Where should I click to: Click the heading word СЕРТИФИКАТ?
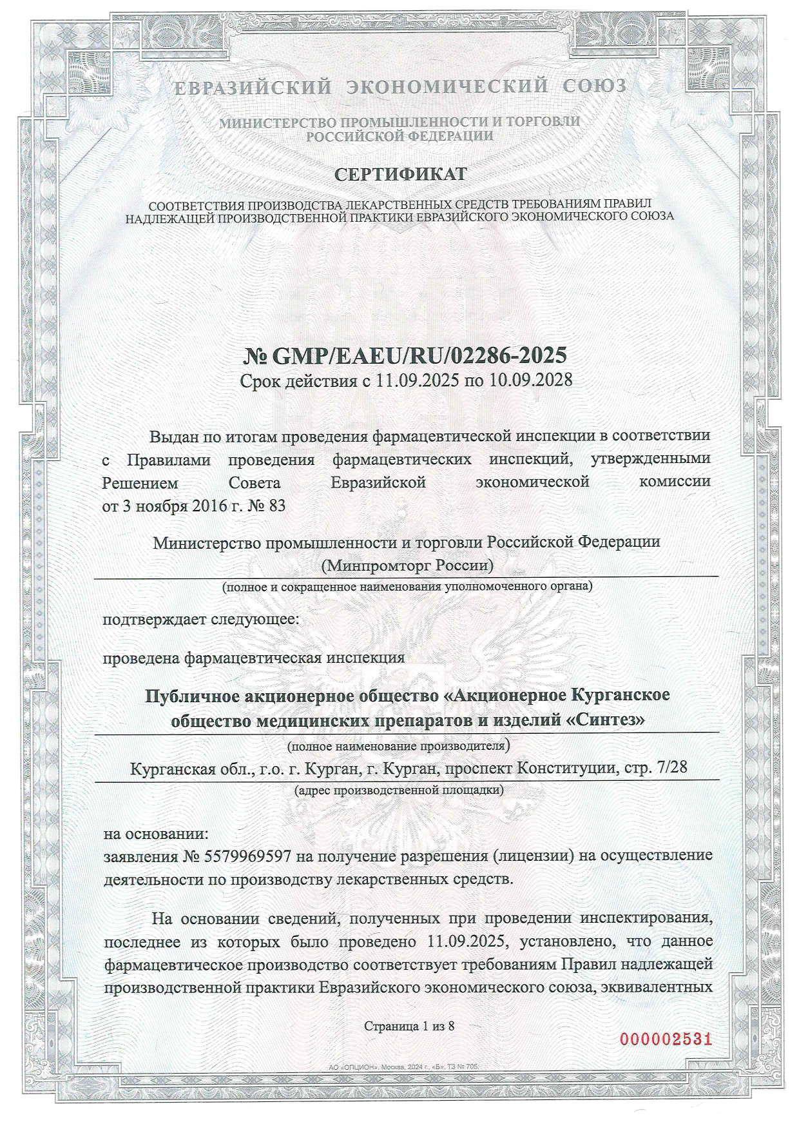pyautogui.click(x=400, y=174)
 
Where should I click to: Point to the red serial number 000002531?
pyautogui.click(x=666, y=1039)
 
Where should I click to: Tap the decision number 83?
pyautogui.click(x=276, y=505)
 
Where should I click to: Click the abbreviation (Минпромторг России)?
pyautogui.click(x=407, y=565)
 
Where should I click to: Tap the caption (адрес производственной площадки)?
pyautogui.click(x=399, y=789)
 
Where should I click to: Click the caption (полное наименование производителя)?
pyautogui.click(x=399, y=747)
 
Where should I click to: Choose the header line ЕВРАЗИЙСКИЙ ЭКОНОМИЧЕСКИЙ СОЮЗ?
pyautogui.click(x=400, y=86)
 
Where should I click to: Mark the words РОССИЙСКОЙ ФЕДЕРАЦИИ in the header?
pyautogui.click(x=400, y=136)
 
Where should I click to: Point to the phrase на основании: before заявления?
pyautogui.click(x=156, y=833)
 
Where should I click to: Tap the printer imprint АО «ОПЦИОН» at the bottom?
pyautogui.click(x=352, y=1085)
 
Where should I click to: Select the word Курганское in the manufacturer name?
pyautogui.click(x=619, y=696)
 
